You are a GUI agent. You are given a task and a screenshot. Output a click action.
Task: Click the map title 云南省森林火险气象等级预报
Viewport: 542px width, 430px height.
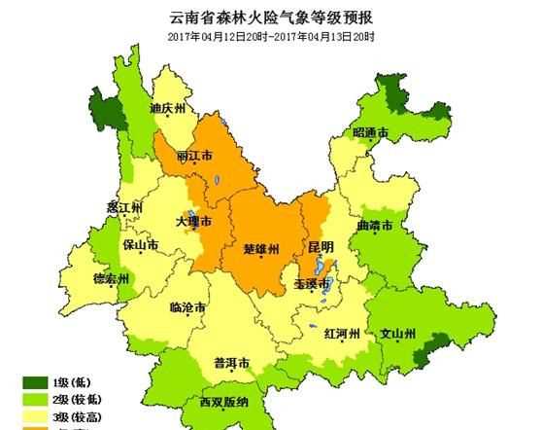270,17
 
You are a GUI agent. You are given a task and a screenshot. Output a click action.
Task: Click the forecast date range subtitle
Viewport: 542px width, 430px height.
270,39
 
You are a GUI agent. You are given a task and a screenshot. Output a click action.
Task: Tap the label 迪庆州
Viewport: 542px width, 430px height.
167,110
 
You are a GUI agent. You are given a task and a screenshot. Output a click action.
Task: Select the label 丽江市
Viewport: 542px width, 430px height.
195,157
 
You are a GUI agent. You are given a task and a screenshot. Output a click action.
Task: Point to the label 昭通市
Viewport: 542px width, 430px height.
370,132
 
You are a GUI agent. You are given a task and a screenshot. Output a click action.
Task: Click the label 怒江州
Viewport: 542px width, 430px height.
125,208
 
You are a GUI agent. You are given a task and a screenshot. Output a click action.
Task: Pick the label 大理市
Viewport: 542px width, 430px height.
193,223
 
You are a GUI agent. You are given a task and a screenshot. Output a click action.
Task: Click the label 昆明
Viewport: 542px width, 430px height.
320,246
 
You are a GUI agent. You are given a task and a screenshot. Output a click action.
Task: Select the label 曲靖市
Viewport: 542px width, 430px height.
375,226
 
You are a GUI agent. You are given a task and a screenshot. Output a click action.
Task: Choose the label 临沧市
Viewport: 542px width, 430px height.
186,307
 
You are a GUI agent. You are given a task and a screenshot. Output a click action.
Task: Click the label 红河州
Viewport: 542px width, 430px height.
343,334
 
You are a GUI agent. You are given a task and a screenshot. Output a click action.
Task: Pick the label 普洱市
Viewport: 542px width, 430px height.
232,364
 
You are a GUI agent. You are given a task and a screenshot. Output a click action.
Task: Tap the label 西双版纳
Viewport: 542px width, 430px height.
225,402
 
